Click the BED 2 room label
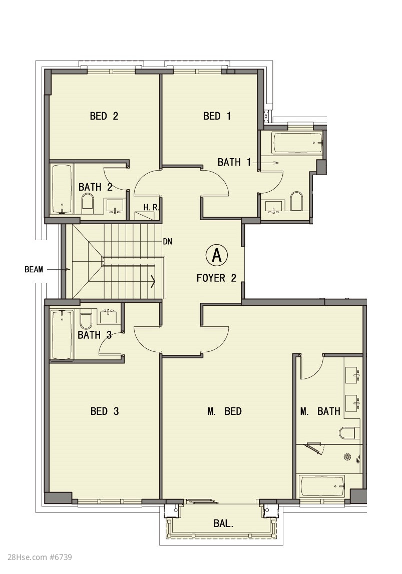(104, 116)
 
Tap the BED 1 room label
(217, 116)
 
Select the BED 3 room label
(105, 411)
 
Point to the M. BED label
(224, 411)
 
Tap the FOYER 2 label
(216, 278)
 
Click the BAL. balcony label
(223, 523)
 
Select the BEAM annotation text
(34, 269)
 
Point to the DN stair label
(168, 242)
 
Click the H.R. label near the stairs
(151, 207)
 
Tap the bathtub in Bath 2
(62, 189)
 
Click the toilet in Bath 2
(88, 204)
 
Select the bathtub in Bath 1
(297, 143)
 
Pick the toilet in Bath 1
(296, 202)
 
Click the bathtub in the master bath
(322, 486)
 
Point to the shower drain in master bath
(347, 456)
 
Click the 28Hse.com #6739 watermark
(36, 557)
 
